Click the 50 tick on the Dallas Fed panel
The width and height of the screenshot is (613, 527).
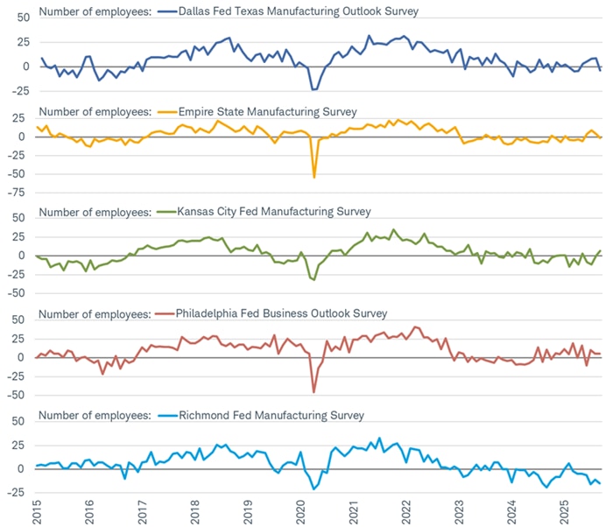[x=21, y=17]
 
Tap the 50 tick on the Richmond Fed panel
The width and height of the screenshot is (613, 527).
[x=21, y=422]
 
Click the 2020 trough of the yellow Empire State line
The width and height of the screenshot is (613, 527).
[x=314, y=177]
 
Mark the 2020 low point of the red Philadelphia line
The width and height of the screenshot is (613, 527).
[x=314, y=391]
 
